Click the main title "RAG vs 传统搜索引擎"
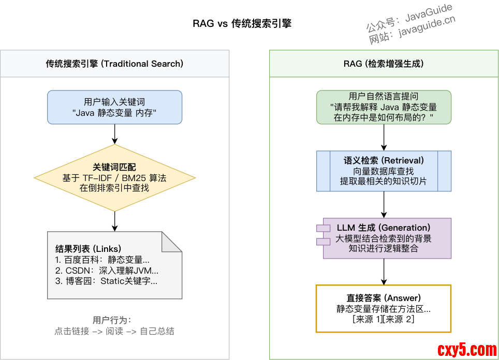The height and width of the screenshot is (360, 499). pyautogui.click(x=242, y=24)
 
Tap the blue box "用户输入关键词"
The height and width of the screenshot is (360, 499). pyautogui.click(x=114, y=107)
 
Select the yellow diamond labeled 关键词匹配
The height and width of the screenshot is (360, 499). pyautogui.click(x=114, y=177)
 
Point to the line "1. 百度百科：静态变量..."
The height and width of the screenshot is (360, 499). pyautogui.click(x=102, y=260)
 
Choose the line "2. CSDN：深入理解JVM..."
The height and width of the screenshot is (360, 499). pyautogui.click(x=107, y=271)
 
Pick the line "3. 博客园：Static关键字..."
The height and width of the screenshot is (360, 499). pyautogui.click(x=106, y=281)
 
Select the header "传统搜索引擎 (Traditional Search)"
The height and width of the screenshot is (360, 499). pyautogui.click(x=114, y=64)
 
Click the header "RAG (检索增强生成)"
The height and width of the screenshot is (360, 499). pyautogui.click(x=384, y=64)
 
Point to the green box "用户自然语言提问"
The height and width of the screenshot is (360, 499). pyautogui.click(x=384, y=107)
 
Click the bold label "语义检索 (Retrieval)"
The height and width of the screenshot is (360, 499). pyautogui.click(x=384, y=160)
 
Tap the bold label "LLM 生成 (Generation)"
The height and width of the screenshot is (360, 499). pyautogui.click(x=384, y=228)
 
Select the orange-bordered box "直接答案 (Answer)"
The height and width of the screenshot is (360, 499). pyautogui.click(x=384, y=308)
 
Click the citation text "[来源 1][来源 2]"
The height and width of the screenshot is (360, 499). pyautogui.click(x=384, y=320)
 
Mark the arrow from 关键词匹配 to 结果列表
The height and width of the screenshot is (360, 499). pyautogui.click(x=114, y=221)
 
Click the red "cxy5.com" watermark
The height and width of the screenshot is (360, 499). pyautogui.click(x=467, y=350)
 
